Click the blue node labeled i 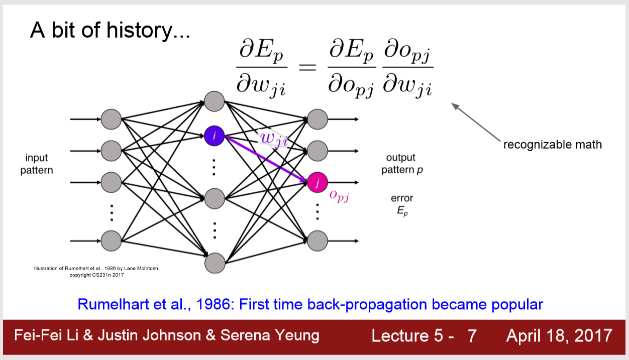point(214,136)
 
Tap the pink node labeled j point(318,182)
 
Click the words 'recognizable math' point(552,145)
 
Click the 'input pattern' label point(37,164)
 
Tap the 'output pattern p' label point(401,164)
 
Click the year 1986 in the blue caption point(212,304)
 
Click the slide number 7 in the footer point(472,335)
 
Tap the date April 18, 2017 point(559,335)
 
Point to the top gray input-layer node point(111,119)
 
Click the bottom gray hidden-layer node point(215,263)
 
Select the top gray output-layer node point(318,119)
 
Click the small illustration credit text point(96,272)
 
